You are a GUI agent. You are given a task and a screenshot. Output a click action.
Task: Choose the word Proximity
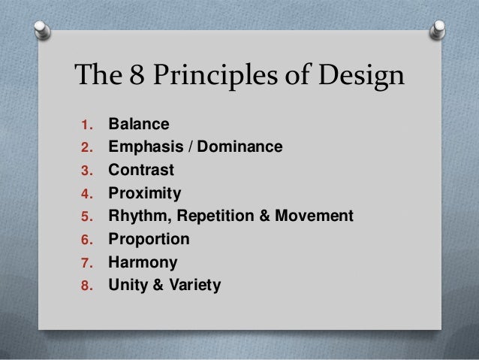[x=145, y=194]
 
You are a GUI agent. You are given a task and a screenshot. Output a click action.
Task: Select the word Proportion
[x=149, y=241]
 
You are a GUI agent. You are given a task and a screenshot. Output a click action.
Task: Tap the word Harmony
[x=143, y=263]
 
